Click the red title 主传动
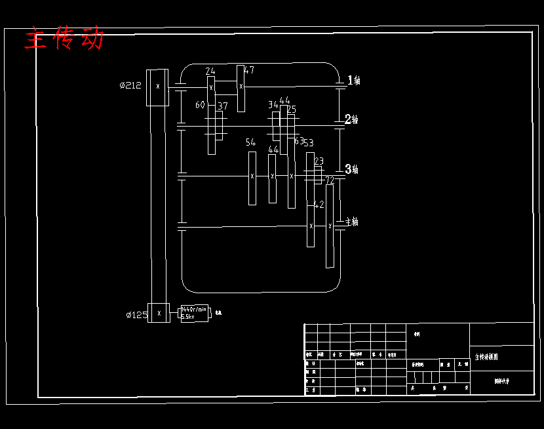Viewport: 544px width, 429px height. point(64,39)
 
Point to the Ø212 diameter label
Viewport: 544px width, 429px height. point(130,85)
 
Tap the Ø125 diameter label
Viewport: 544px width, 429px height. point(136,315)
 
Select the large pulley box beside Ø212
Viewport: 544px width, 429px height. point(157,87)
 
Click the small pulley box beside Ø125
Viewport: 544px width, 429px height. point(159,313)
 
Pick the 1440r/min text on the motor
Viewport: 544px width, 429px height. point(194,309)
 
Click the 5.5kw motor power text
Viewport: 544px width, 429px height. point(187,317)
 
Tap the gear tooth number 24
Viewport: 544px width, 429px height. point(210,71)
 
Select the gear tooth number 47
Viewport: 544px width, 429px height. point(249,70)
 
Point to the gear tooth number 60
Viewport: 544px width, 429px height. point(200,105)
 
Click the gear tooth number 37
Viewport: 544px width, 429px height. point(223,106)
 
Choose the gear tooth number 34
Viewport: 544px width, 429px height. point(273,105)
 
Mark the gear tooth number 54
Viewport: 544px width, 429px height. point(250,142)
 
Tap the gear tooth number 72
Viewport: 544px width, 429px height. point(330,180)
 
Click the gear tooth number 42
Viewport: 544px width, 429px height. point(319,205)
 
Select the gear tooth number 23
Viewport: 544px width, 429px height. point(319,161)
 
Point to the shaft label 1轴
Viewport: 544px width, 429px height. point(354,81)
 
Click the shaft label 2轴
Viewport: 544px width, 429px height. point(352,119)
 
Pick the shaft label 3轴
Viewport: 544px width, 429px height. point(352,169)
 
